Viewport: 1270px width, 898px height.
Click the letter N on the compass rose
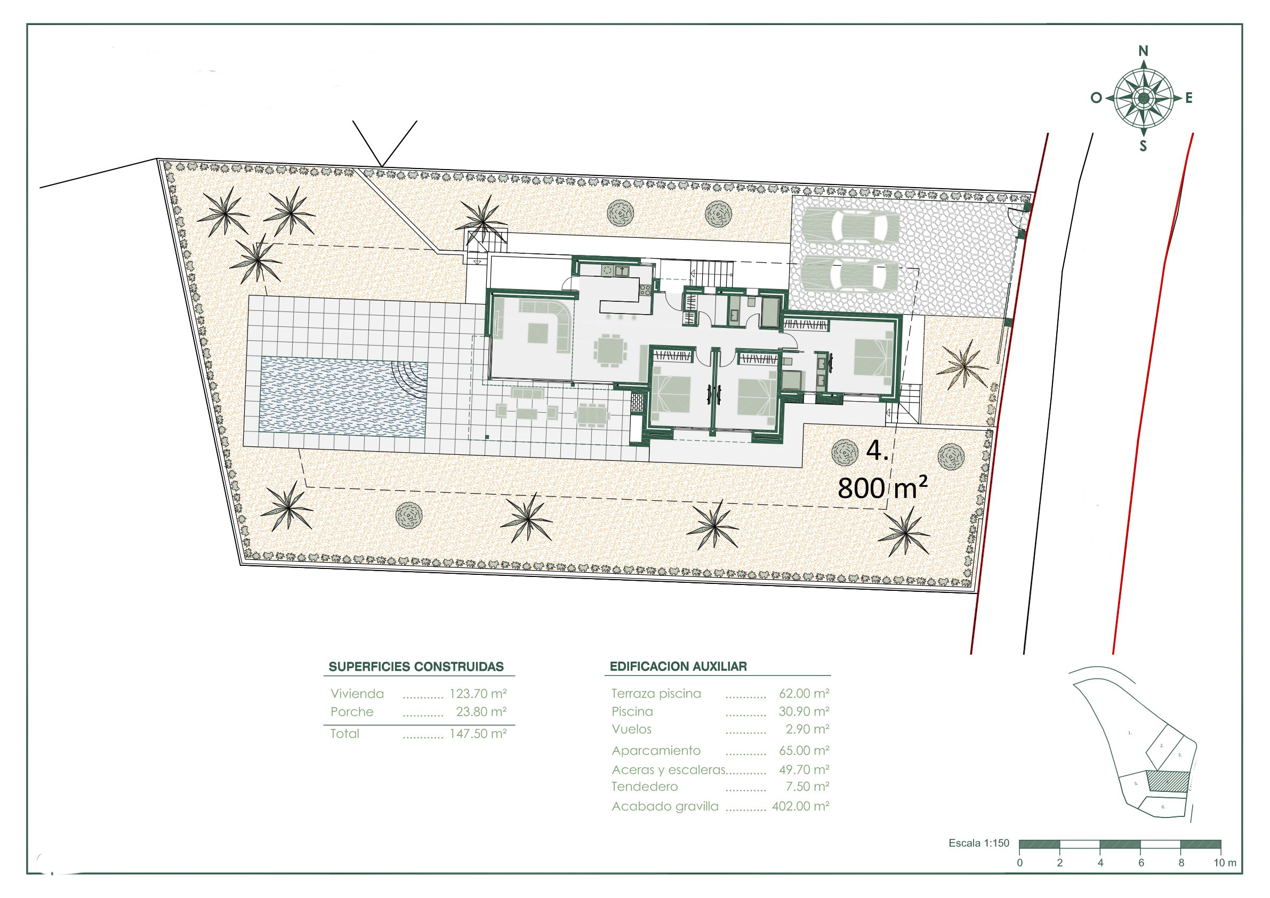coord(1143,51)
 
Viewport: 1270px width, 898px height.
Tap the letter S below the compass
coord(1143,147)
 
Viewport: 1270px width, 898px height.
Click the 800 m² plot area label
coord(882,487)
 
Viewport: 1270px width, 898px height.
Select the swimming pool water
coord(343,396)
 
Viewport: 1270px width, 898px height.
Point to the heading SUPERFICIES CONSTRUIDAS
coord(416,667)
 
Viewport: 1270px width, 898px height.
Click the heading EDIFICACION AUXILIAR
coord(678,667)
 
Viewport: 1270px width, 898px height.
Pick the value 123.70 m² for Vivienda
coord(478,693)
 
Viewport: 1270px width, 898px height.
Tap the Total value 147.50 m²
coord(478,734)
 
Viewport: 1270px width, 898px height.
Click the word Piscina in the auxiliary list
coord(632,711)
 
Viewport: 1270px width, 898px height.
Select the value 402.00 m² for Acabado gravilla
coord(800,806)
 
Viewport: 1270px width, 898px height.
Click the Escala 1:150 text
coord(979,843)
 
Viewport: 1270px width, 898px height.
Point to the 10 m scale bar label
coord(1225,863)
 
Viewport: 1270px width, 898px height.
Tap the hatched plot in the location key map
coord(1167,781)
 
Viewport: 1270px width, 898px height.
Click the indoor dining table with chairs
coord(610,350)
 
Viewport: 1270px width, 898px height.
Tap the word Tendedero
coord(645,787)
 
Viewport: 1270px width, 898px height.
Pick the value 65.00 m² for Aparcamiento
coord(803,751)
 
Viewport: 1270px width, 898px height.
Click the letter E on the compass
coord(1188,99)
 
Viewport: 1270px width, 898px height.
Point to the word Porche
coord(352,712)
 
